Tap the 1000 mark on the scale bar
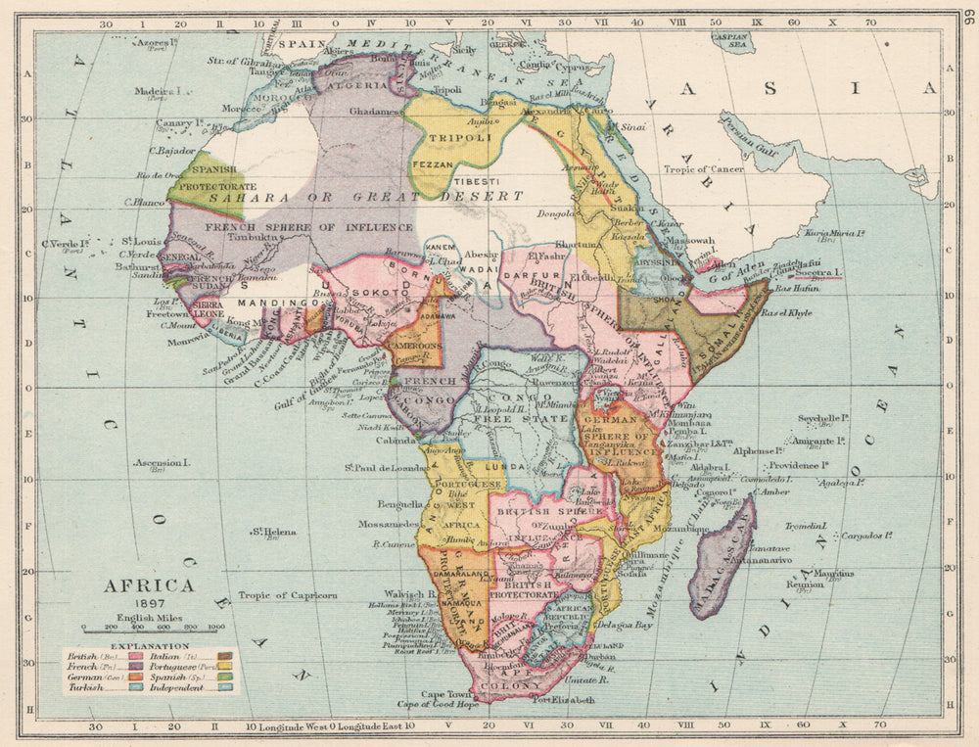216,627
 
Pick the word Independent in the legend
175,687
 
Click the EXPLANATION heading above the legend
150,646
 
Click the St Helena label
273,532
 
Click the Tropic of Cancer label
708,168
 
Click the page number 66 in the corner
968,19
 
